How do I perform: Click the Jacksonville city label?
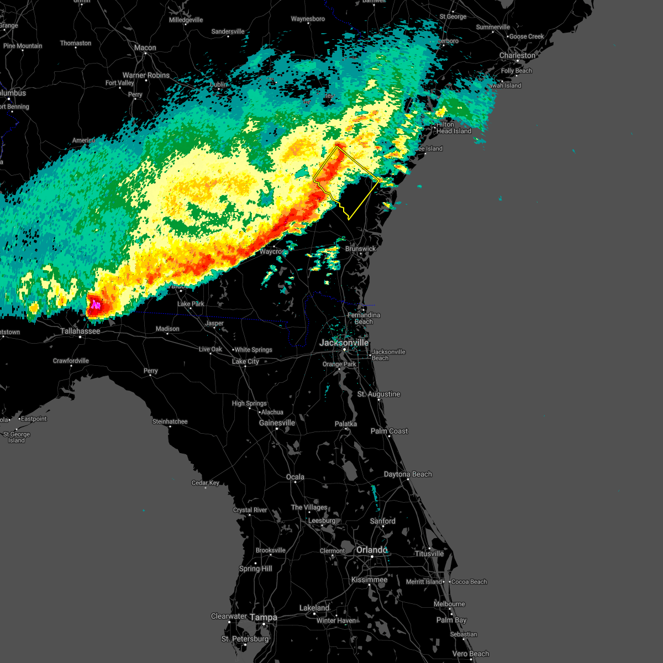coord(344,343)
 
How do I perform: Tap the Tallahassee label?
coord(80,331)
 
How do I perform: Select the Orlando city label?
coord(371,550)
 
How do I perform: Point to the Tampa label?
coord(264,617)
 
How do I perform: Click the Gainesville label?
coord(277,423)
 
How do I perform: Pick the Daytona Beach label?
coord(408,474)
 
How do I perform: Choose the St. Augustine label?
coord(378,394)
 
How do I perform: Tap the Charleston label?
coord(517,55)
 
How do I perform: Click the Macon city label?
coord(145,48)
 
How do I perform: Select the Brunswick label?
coord(360,249)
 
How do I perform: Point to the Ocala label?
coord(295,477)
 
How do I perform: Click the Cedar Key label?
coord(206,483)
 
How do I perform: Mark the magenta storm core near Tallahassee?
coord(96,304)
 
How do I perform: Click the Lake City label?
coord(245,361)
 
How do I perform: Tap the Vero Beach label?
coord(471,654)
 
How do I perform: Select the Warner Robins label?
coord(146,75)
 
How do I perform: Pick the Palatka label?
coord(346,424)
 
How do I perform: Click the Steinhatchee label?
coord(170,422)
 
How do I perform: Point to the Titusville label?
coord(429,554)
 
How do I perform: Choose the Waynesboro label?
coord(308,19)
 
